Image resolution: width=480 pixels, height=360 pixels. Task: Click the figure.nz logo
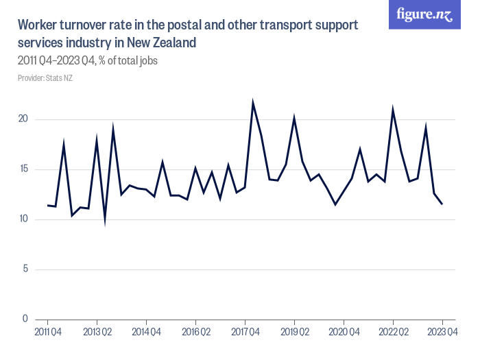pos(424,15)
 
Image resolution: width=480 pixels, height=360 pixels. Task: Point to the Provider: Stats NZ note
pos(45,78)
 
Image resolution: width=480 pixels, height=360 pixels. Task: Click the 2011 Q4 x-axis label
pos(47,333)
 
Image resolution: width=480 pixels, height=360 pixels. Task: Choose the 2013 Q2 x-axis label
pos(97,333)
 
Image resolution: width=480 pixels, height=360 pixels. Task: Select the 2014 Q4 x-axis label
pos(146,333)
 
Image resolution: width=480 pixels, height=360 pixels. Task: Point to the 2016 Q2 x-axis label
pos(195,333)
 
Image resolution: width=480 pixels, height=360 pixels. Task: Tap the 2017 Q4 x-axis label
pos(245,333)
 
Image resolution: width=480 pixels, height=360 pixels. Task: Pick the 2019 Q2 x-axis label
pos(294,333)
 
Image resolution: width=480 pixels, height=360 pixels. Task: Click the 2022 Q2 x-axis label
pos(393,333)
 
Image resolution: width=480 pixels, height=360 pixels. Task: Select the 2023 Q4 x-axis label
pos(442,333)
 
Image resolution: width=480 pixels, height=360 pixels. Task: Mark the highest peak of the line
pos(253,104)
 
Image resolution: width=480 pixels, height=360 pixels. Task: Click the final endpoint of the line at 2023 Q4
pos(442,204)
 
